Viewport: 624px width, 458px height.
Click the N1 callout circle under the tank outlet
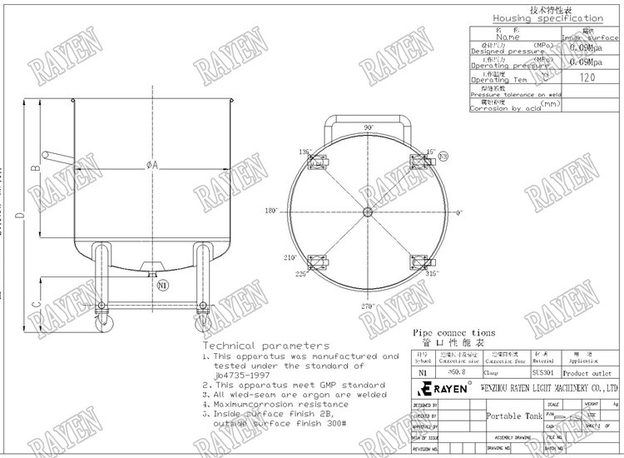click(x=162, y=286)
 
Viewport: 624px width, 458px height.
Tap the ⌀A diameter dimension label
click(x=152, y=165)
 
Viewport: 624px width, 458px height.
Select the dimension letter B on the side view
click(x=35, y=167)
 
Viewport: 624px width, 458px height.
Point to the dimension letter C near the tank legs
click(x=35, y=306)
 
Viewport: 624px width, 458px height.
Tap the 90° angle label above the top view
click(x=369, y=127)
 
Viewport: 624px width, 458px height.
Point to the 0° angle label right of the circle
click(x=458, y=212)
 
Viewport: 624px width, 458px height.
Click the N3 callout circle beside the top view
click(x=443, y=157)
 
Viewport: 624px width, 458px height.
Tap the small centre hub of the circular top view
click(x=367, y=212)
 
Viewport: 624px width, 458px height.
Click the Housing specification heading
click(x=547, y=18)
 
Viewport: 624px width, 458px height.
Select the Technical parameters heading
click(x=266, y=345)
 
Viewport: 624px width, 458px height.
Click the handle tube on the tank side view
click(x=58, y=157)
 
